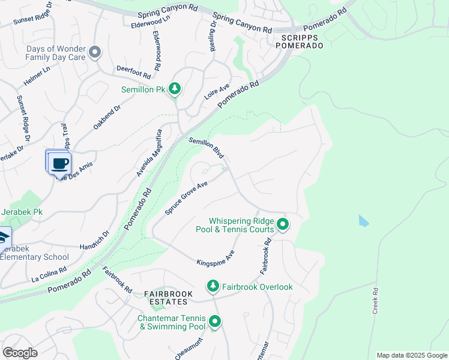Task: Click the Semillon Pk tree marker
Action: click(175, 89)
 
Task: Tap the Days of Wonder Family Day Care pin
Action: click(94, 53)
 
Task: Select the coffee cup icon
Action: click(59, 163)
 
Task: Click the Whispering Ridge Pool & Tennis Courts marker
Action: click(283, 226)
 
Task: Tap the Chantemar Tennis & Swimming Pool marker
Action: click(214, 322)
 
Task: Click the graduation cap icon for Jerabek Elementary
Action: click(4, 237)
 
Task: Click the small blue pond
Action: click(363, 220)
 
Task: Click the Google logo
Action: click(20, 353)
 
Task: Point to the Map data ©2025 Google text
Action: click(411, 355)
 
